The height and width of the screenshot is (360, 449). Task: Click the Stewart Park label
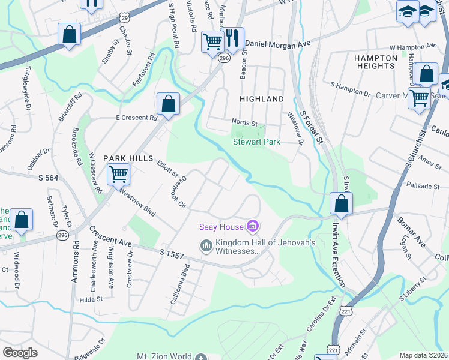coord(256,142)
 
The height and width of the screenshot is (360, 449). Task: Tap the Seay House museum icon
coord(253,226)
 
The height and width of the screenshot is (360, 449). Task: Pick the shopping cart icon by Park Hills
coord(118,175)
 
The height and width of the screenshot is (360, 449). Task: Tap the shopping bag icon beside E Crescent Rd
coord(169,103)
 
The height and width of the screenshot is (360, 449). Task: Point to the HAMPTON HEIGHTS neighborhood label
coord(376,62)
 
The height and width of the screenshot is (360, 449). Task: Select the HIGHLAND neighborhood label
coord(261,98)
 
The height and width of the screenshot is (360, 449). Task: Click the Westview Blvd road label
coord(137,203)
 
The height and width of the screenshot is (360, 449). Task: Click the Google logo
coord(20,353)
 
